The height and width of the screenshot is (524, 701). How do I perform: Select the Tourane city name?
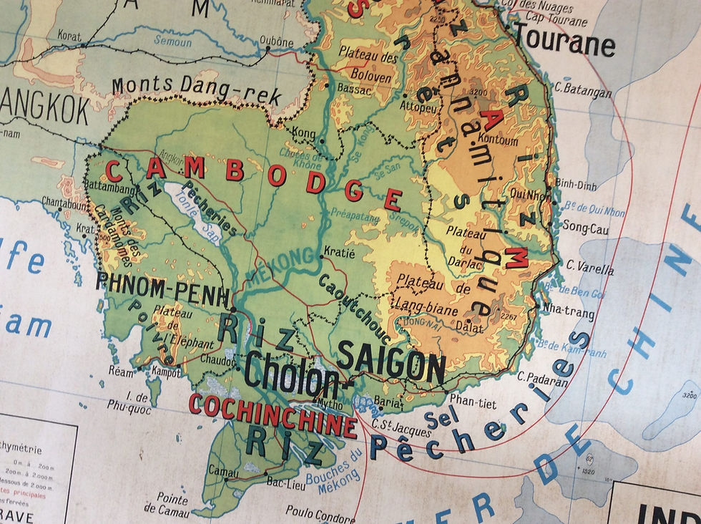click(564, 39)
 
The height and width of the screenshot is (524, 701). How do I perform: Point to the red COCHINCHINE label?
click(273, 414)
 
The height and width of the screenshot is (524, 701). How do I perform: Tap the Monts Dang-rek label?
click(196, 91)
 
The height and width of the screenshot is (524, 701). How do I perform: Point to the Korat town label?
click(69, 34)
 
